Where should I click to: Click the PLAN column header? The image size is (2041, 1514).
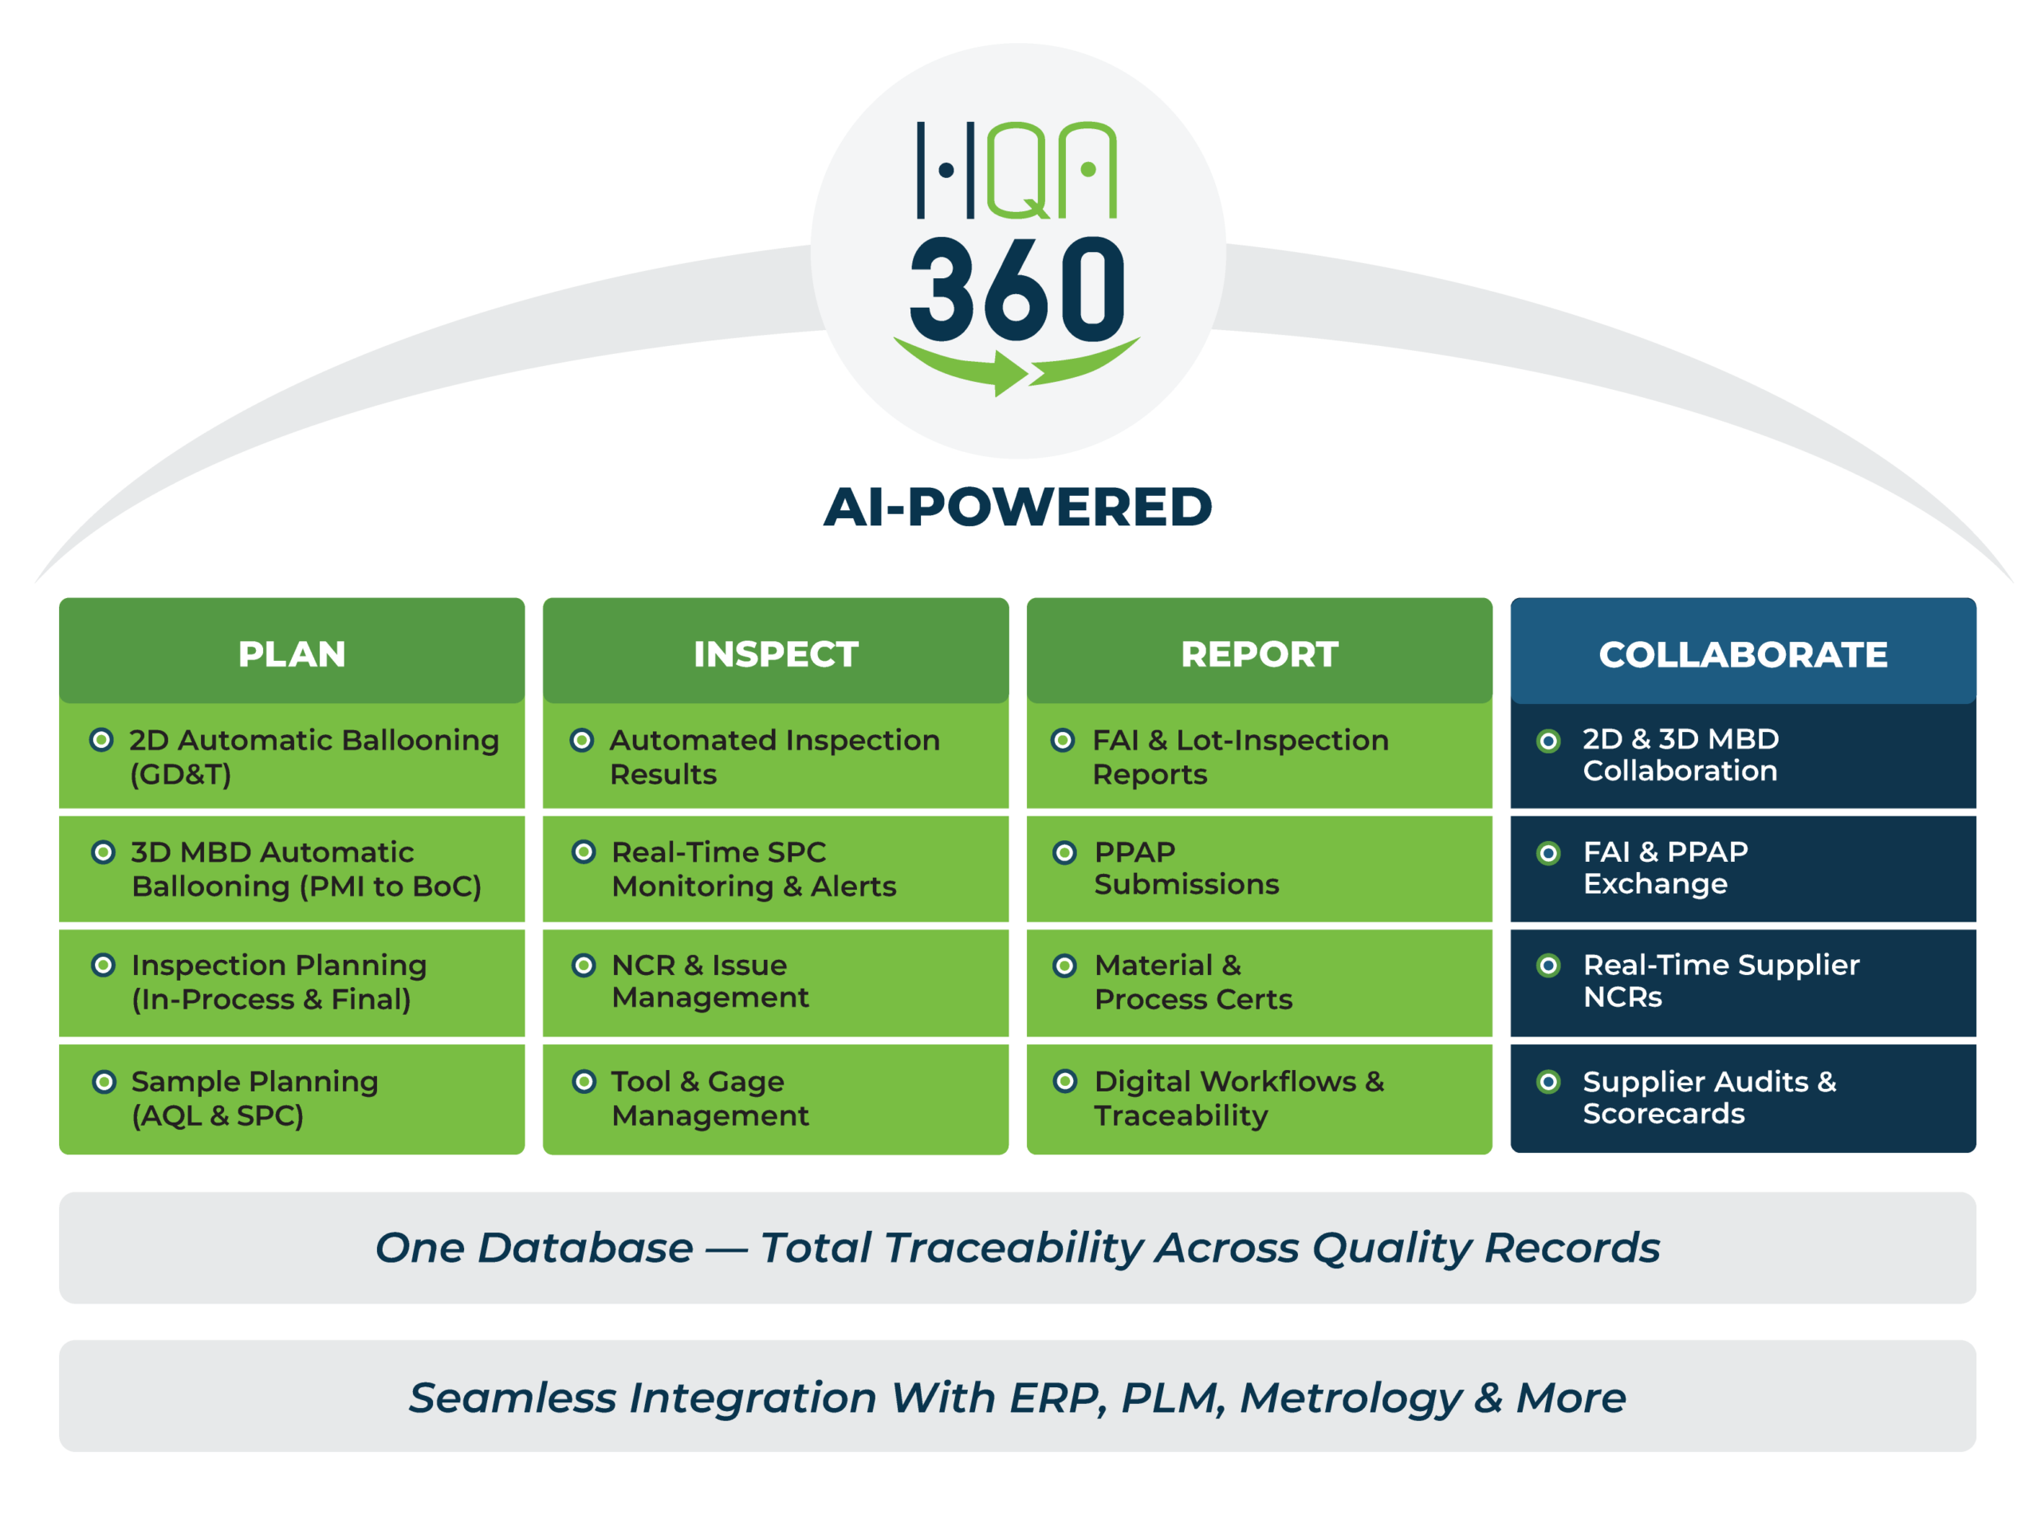coord(292,654)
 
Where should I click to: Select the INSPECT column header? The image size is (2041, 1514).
coord(776,654)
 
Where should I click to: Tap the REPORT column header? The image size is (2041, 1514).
coord(1259,654)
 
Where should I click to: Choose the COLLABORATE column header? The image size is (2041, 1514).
coord(1742,654)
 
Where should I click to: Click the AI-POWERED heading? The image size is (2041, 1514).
coord(1017,507)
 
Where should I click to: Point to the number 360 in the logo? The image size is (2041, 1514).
coord(1017,289)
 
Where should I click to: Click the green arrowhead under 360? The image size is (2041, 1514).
coord(1010,373)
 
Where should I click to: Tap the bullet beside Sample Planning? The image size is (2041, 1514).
coord(104,1081)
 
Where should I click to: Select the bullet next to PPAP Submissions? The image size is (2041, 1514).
coord(1064,852)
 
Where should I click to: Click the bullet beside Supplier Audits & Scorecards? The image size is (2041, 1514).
coord(1548,1081)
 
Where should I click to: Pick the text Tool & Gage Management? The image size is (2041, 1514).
coord(710,1098)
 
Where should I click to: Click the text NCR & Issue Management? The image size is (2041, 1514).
coord(710,981)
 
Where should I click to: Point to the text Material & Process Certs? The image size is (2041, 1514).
coord(1193,981)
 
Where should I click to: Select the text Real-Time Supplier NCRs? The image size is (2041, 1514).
coord(1721,980)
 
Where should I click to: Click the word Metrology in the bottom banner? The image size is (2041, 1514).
coord(1350,1398)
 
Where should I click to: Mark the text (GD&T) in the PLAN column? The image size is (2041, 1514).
coord(179,774)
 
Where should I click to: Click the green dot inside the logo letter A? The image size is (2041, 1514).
coord(1087,170)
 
